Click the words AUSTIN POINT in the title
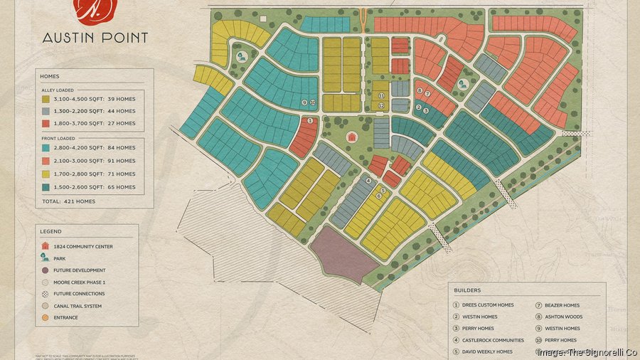point(95,38)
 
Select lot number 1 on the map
point(310,121)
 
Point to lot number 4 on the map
point(368,181)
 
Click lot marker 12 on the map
point(382,106)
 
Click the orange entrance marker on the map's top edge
point(363,12)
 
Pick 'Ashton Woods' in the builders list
point(563,317)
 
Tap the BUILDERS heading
point(466,290)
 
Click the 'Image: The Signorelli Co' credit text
point(587,352)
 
